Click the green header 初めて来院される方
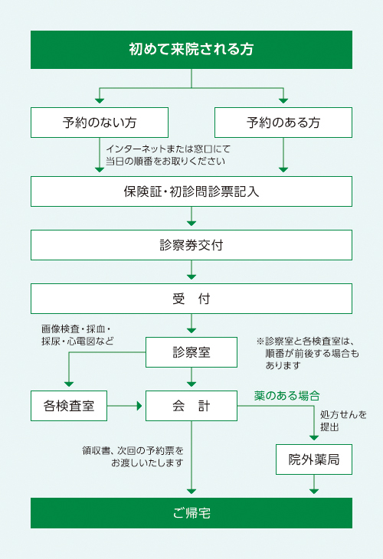191,50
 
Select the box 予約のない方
100,123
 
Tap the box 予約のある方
283,123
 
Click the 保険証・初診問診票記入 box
191,191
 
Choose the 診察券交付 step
191,245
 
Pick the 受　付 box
191,299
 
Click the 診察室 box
191,352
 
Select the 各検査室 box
69,406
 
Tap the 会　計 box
191,406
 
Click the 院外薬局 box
314,459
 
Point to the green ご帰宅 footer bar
191,513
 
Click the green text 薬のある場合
286,396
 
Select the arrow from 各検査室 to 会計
124,406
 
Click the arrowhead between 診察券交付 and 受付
191,277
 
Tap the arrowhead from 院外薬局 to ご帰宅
314,492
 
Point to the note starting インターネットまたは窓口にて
168,155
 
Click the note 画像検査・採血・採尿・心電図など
77,335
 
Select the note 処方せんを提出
343,420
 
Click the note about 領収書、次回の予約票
133,456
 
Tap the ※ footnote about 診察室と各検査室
307,353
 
